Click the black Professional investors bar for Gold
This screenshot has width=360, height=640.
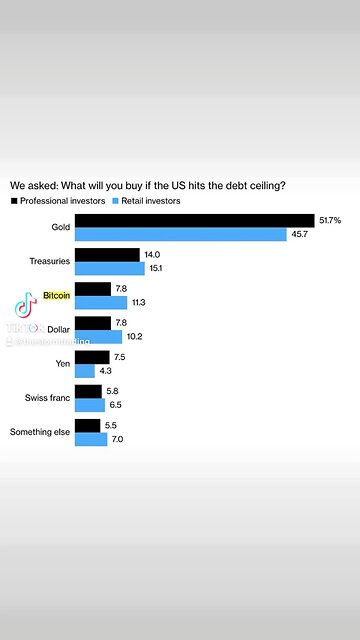coord(194,220)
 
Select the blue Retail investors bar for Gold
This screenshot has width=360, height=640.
coord(181,234)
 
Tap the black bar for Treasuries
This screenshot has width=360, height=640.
coord(107,255)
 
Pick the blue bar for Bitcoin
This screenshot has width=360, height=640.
coord(101,303)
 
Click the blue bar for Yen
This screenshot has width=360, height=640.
coord(85,371)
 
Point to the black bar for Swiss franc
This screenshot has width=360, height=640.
coord(89,391)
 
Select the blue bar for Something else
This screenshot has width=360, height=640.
coord(91,439)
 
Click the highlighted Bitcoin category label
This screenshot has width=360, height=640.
coord(56,297)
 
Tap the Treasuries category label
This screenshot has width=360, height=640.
coord(49,262)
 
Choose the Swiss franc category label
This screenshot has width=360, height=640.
coord(47,398)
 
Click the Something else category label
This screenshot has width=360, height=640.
coord(39,432)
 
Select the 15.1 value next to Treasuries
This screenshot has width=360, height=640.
coord(156,268)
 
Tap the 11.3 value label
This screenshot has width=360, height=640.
coord(139,303)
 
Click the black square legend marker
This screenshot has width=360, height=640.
coord(14,201)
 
